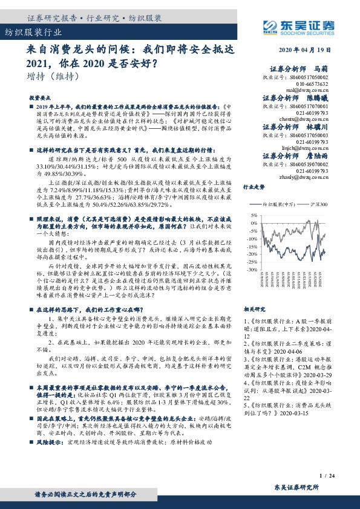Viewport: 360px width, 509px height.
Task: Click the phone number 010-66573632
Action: point(295,84)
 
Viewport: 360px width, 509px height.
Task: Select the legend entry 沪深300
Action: point(315,205)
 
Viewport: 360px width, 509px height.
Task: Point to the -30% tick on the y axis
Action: point(252,268)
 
